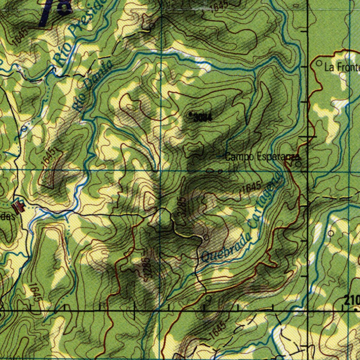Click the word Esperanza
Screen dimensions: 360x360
[x=278, y=157]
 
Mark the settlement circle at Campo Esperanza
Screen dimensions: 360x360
[x=298, y=164]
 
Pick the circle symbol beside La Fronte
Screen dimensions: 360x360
[x=319, y=63]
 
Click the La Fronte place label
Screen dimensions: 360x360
[x=342, y=67]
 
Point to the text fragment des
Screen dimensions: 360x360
[x=8, y=216]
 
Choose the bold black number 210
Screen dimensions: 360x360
[x=352, y=301]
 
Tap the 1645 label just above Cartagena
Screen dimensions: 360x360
[x=251, y=187]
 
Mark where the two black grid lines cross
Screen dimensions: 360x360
[x=308, y=311]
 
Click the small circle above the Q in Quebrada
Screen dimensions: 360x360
[x=206, y=238]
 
